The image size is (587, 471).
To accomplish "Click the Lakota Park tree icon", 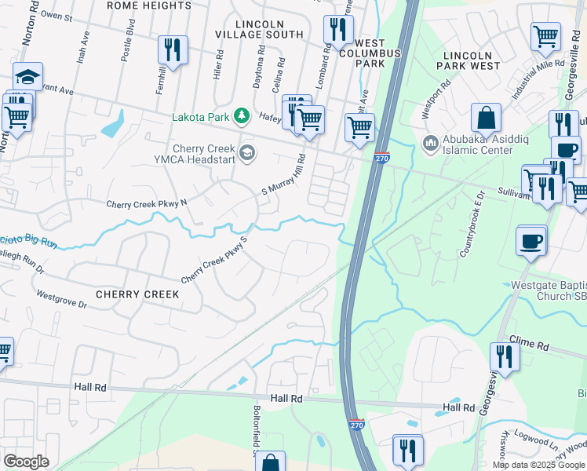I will pos(242,116).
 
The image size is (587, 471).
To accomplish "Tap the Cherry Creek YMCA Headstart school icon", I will pos(248,153).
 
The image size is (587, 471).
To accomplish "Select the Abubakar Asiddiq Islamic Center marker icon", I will pos(430,144).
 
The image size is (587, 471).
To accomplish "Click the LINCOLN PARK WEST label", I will pos(472,60).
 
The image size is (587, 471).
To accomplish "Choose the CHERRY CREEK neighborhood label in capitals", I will pos(137,294).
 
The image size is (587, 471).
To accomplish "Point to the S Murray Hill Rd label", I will pos(283,174).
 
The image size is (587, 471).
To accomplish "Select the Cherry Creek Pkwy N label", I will pos(147,203).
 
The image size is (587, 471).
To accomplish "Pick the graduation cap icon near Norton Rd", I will pos(27,77).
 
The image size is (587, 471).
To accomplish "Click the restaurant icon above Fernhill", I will pos(172,49).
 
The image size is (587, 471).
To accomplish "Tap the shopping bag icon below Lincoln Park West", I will pos(487,118).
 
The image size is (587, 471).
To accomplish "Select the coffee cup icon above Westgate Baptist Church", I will pos(531,239).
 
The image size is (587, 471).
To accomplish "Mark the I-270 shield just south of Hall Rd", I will pos(356,422).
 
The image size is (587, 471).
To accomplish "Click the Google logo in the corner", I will pos(26,462).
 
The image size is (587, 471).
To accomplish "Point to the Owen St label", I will pos(56,15).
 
